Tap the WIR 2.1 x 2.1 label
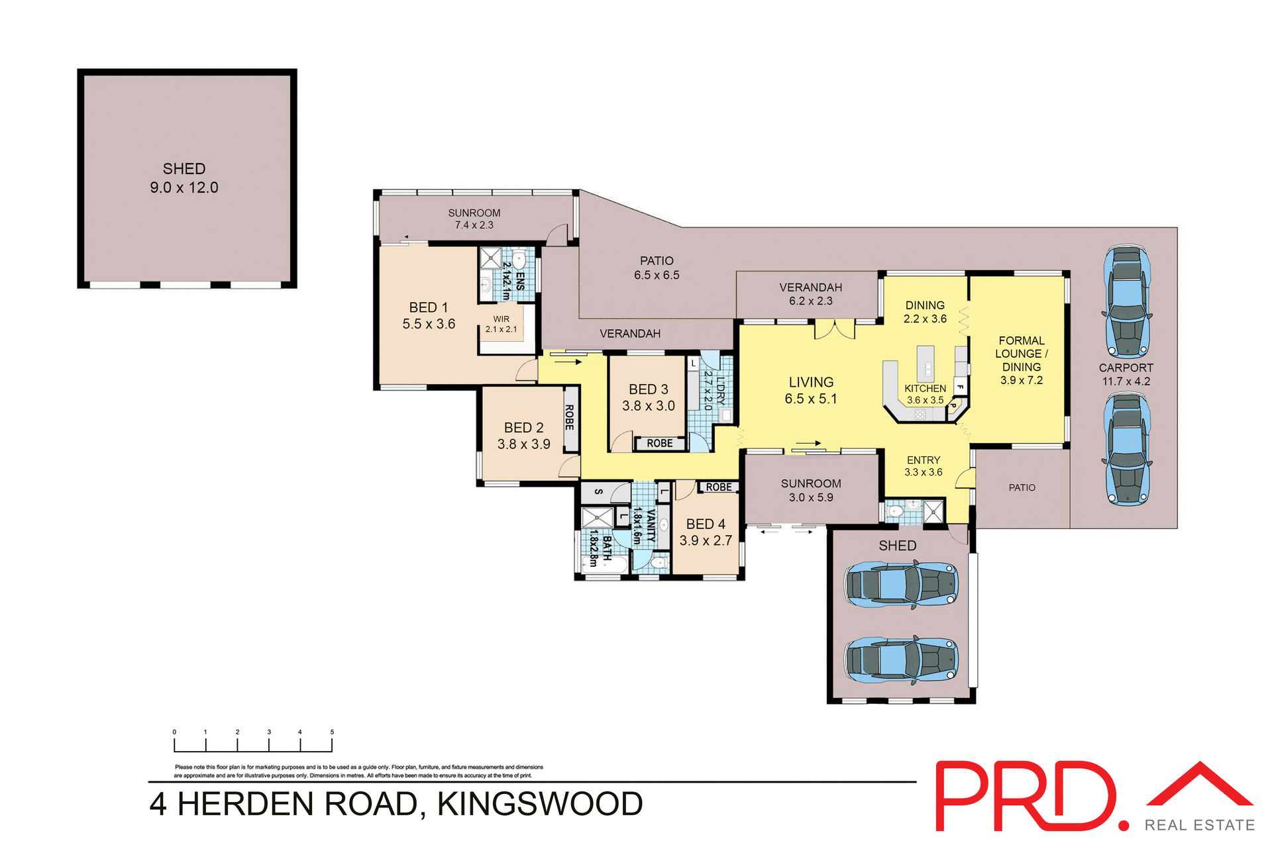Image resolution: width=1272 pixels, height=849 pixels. coord(501,324)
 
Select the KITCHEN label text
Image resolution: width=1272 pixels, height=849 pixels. coord(925,389)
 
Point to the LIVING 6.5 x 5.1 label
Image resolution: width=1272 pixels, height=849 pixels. coord(811,391)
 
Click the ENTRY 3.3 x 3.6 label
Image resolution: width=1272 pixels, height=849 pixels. coord(924,466)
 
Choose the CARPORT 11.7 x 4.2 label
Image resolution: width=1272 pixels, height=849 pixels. coord(1126,374)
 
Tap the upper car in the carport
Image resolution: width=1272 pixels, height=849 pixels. coord(1126,302)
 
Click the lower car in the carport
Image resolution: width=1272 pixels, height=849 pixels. coord(1126,449)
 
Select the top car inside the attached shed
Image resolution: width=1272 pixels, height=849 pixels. coord(901,585)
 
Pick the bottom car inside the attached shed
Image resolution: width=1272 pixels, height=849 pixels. coord(901,660)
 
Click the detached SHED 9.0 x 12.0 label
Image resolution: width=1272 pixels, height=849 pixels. coord(184,178)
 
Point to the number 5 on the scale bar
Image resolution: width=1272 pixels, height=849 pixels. coord(332,732)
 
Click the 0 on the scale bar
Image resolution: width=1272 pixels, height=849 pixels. coord(174,732)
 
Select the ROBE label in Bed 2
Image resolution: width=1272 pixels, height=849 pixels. coord(570,418)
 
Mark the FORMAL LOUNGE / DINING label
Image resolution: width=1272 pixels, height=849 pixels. coord(1021,360)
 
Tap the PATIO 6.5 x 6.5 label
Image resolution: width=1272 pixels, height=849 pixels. coord(657,268)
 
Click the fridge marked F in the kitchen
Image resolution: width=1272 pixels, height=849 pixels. coord(959,387)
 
